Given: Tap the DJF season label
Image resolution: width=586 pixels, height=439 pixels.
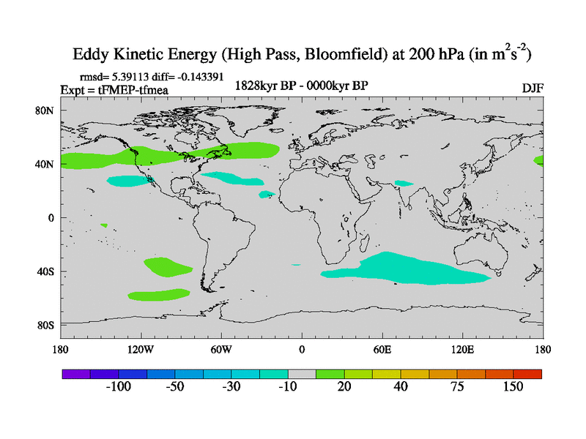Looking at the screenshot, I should tap(532, 88).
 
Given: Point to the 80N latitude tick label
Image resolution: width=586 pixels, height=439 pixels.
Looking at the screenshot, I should tap(46, 110).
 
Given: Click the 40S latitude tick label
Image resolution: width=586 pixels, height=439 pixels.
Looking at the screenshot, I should tap(46, 271).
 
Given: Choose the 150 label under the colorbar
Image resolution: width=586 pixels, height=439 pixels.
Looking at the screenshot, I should tap(512, 386).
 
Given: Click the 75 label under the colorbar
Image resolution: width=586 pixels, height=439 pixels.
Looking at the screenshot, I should tap(457, 386).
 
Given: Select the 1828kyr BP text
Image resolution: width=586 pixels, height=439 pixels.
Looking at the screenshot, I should tap(264, 86).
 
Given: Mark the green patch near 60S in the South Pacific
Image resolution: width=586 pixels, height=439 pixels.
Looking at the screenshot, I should tap(158, 295).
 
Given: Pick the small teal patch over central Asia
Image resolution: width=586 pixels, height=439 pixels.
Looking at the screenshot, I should tap(403, 183).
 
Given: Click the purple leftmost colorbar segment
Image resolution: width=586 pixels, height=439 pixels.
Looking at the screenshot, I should tap(75, 373).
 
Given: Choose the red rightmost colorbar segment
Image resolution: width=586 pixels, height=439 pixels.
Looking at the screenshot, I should tap(527, 373).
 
